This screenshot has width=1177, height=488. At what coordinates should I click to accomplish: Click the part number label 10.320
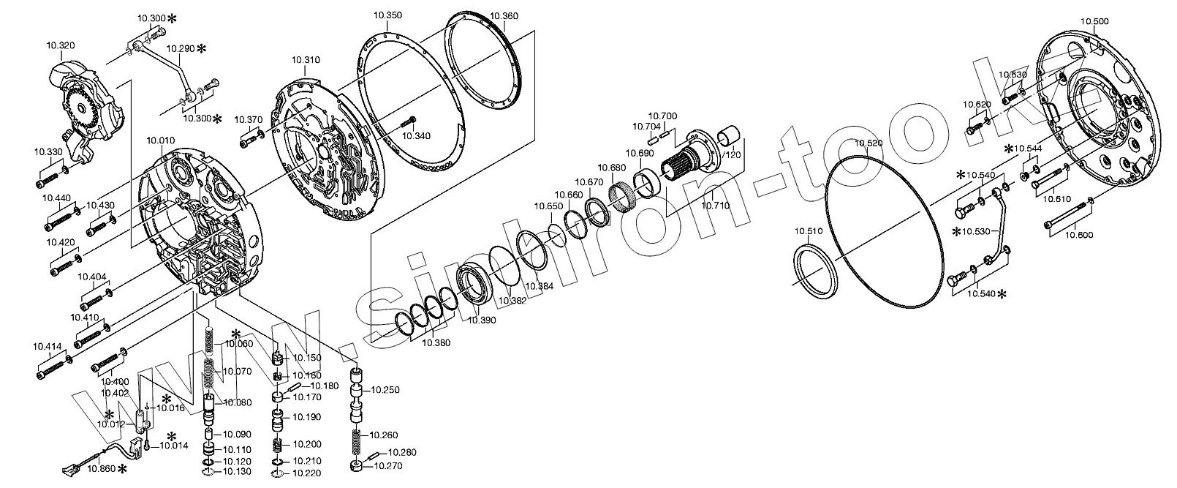click(61, 46)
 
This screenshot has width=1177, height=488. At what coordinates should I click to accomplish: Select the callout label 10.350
click(387, 15)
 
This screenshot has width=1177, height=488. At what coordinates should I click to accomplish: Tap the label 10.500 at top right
click(1094, 21)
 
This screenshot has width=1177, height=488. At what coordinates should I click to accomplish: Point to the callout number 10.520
click(868, 143)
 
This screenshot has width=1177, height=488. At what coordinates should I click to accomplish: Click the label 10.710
click(715, 205)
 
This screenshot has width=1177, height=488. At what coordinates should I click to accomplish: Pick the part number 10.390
click(482, 320)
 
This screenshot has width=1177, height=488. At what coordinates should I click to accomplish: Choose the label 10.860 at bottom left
click(101, 469)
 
